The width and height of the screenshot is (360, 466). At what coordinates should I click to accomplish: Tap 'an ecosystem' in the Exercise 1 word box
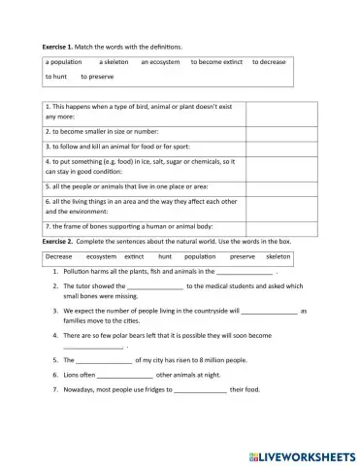(160, 61)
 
